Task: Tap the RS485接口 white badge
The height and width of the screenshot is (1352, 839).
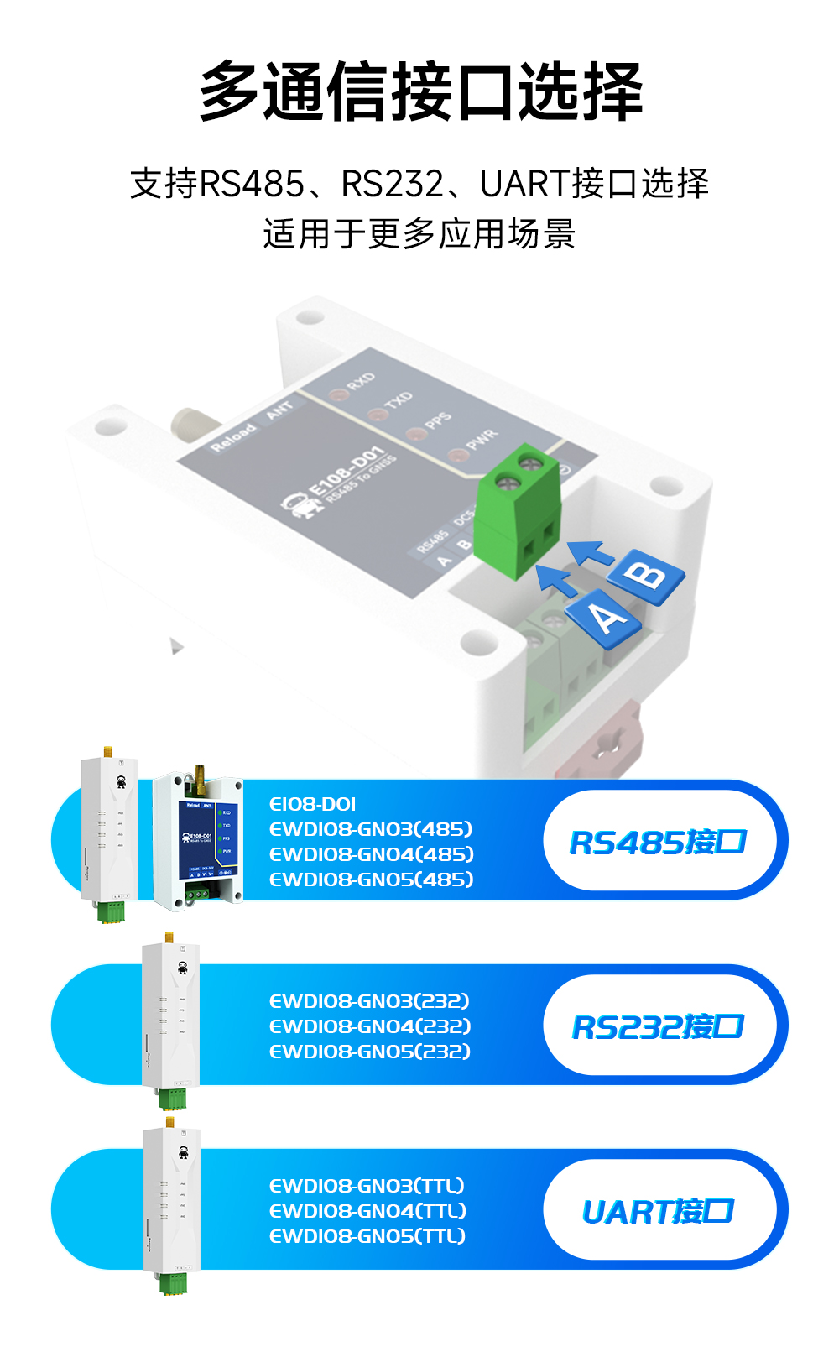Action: (659, 842)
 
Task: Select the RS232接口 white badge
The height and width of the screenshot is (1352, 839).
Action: (659, 1026)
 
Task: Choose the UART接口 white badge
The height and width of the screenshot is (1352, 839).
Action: (659, 1211)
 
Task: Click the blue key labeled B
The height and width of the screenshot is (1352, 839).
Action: (646, 577)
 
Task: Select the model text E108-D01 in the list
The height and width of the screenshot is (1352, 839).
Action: (312, 804)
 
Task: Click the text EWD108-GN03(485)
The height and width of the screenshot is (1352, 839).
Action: (371, 829)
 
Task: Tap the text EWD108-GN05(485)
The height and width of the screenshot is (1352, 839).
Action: (371, 880)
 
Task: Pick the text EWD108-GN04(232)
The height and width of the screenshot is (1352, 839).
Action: (369, 1026)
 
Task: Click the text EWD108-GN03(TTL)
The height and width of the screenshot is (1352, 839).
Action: (367, 1186)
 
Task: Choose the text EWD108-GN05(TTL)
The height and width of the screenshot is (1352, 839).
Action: (367, 1236)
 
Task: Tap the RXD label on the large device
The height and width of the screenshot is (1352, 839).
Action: (361, 382)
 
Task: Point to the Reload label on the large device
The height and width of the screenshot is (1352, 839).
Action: (232, 437)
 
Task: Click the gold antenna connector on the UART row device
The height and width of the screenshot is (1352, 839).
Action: (170, 1122)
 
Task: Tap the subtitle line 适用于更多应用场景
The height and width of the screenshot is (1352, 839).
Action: (419, 234)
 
